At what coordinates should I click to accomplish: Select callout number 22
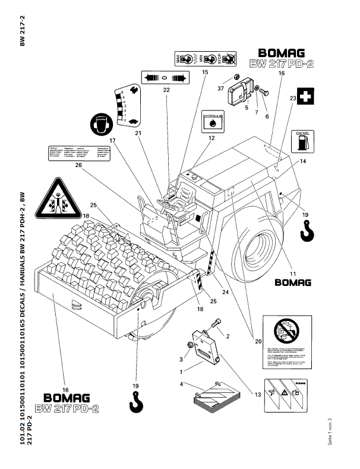pos(166,89)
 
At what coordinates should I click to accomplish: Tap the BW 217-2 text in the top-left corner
pos(22,31)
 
